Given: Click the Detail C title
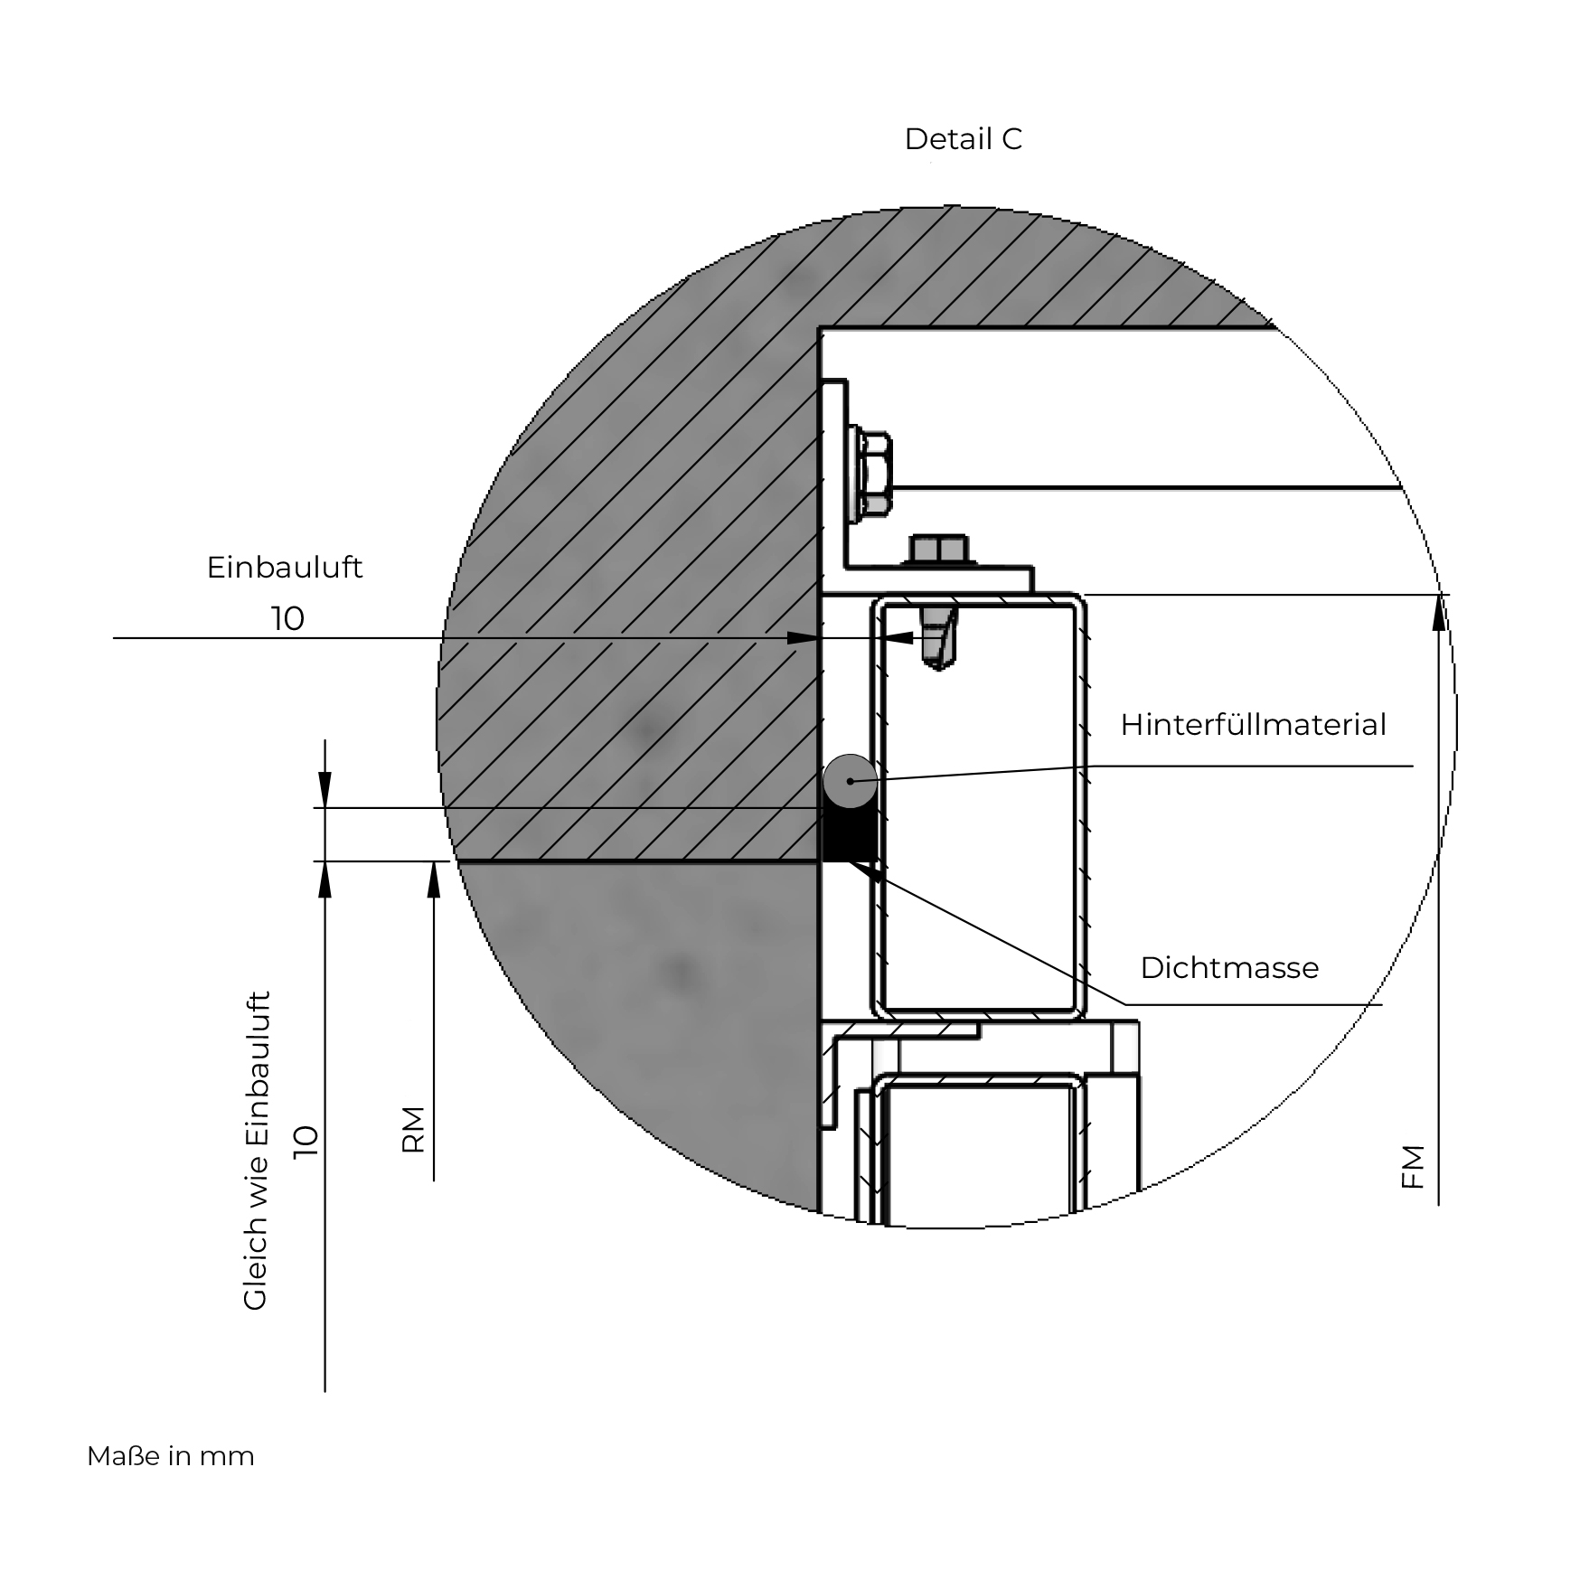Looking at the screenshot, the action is click(963, 139).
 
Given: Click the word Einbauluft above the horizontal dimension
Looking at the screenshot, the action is click(285, 568).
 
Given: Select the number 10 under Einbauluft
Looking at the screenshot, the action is click(287, 619).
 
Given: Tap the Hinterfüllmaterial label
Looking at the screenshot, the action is click(1253, 725).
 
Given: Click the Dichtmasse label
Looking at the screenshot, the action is click(1229, 968).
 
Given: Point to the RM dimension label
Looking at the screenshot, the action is click(413, 1130).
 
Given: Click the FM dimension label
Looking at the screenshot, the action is click(1412, 1167).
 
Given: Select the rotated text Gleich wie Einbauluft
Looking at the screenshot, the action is click(256, 1151).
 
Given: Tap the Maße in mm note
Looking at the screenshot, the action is click(171, 1456).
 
